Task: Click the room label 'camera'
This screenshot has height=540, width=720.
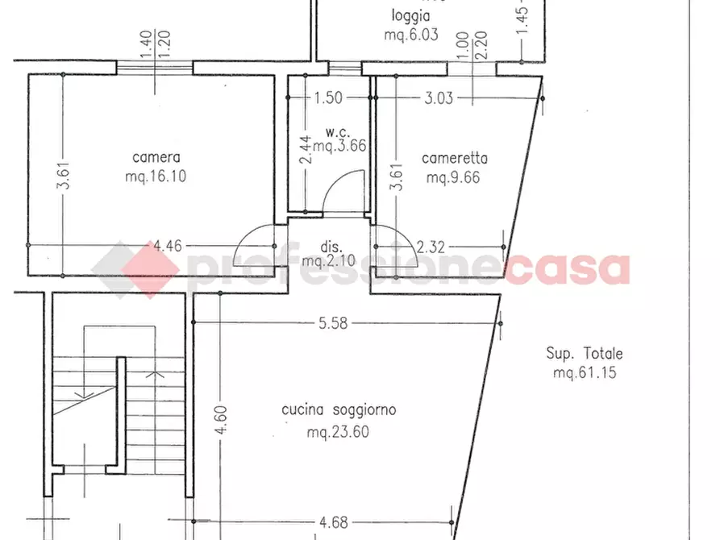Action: coord(156,158)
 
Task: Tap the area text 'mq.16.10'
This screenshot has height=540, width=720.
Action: coord(156,176)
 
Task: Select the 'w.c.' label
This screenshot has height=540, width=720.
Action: coord(335,131)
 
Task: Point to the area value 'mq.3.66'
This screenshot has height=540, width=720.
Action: coord(339,146)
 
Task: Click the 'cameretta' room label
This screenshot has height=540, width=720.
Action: coord(455,159)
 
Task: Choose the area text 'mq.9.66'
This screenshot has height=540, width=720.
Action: coord(453,177)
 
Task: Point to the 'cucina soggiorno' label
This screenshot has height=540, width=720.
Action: coord(339,410)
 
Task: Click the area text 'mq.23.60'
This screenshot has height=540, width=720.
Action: coord(338,432)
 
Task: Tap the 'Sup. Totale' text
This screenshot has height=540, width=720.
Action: coord(585,353)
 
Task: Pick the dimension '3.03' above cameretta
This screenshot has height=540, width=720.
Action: coord(439,98)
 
